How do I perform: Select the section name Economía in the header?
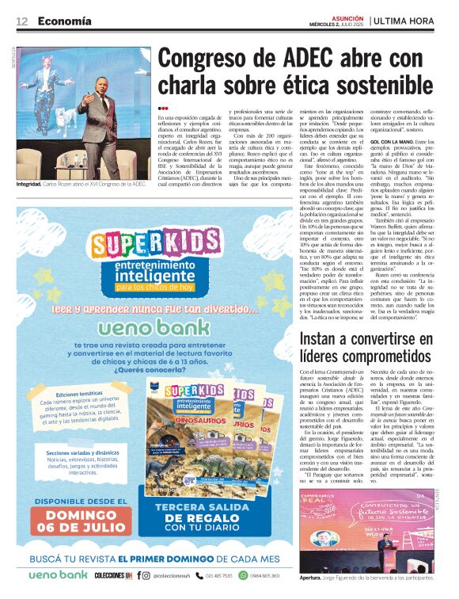tap(63, 21)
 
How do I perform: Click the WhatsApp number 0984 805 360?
tap(262, 575)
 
